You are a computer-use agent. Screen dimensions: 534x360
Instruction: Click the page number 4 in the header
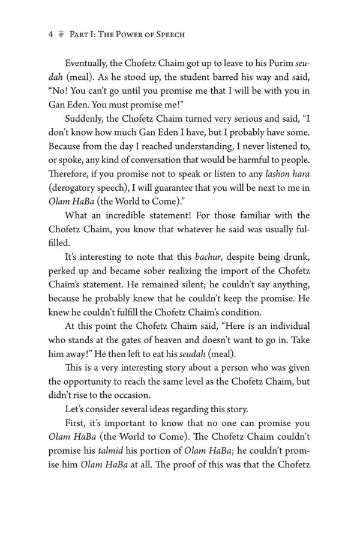click(51, 34)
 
